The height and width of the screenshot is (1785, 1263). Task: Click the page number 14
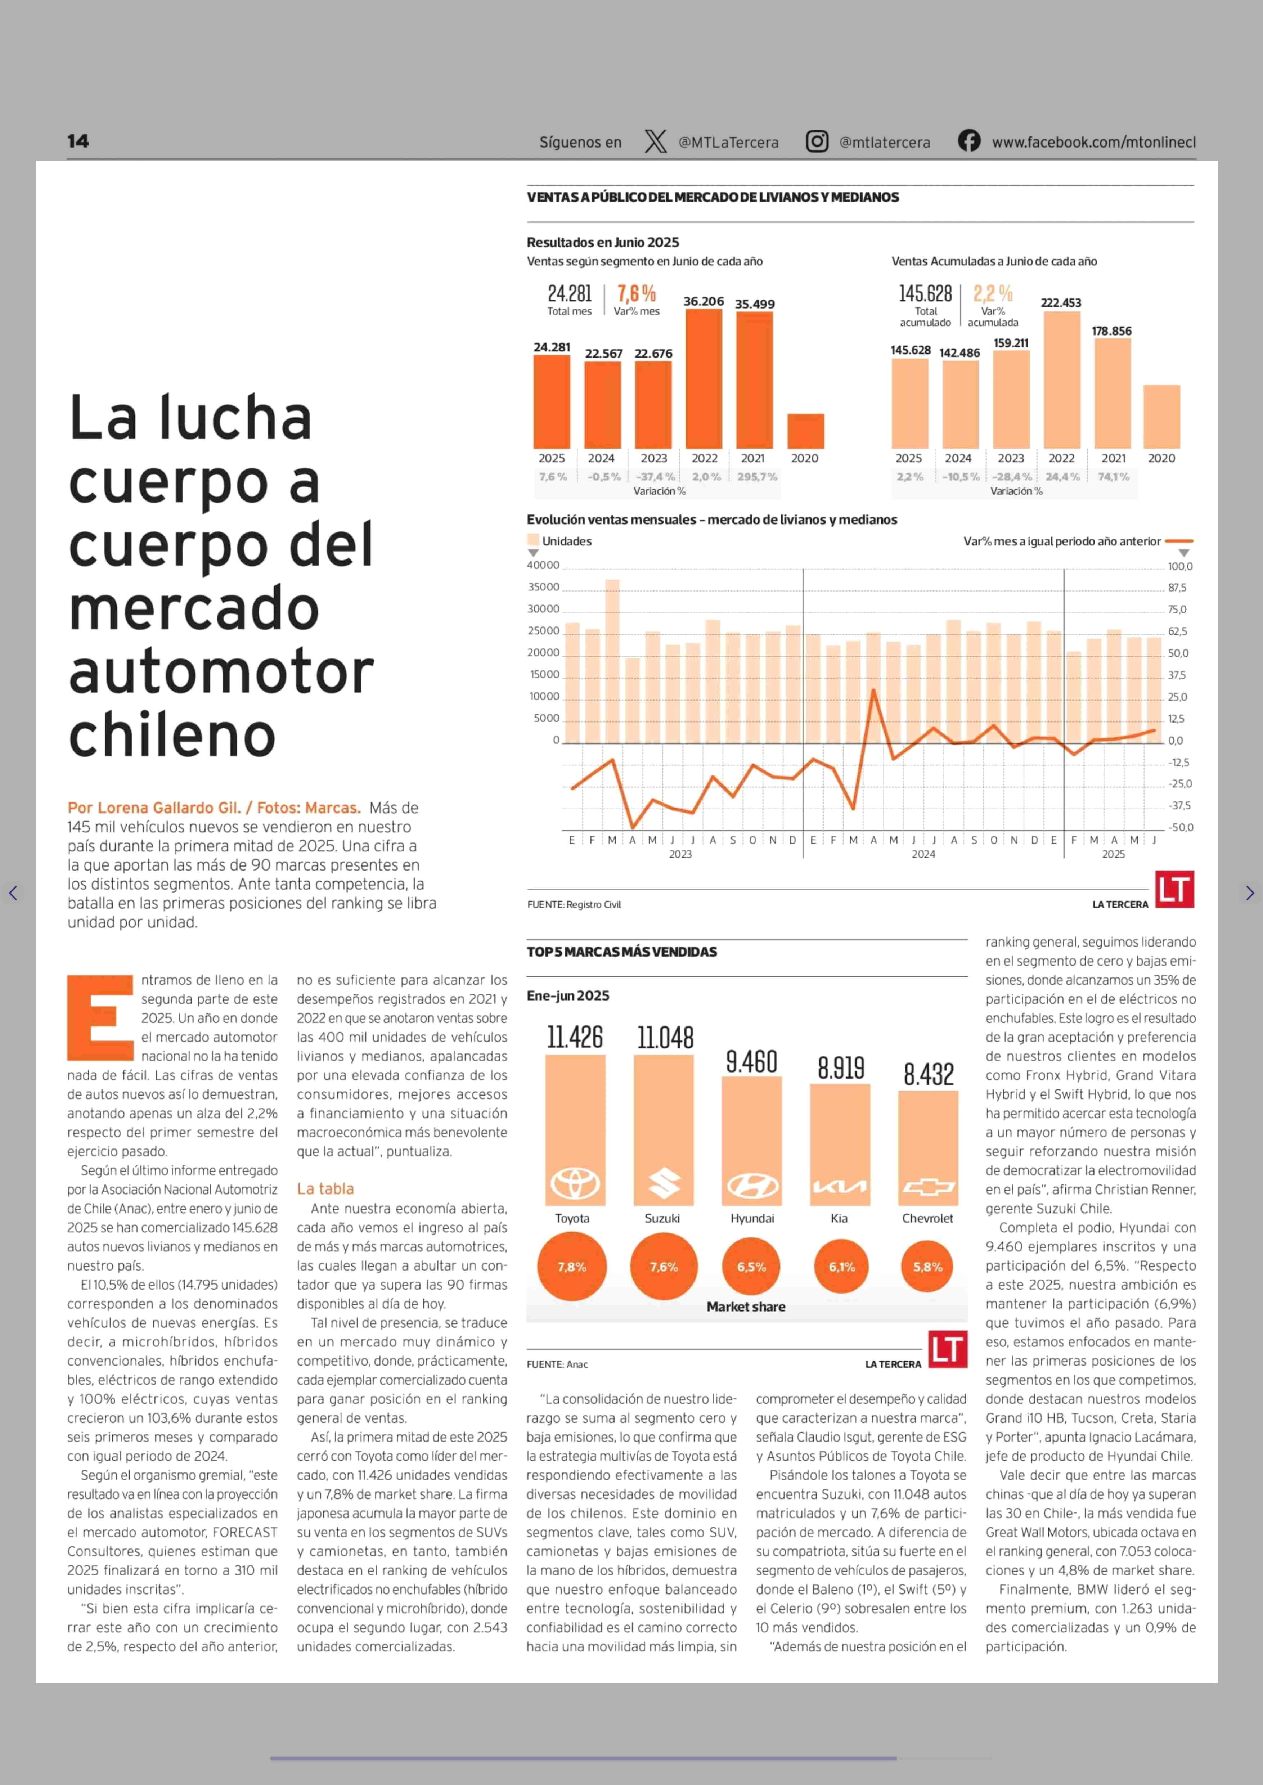click(78, 141)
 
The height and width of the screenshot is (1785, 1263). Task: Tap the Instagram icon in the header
click(817, 141)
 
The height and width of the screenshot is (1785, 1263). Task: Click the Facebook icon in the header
click(969, 141)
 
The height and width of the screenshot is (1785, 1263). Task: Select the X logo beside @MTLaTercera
click(656, 141)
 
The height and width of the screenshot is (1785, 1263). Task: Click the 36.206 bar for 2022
click(704, 379)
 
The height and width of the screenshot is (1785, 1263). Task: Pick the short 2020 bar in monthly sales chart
click(806, 431)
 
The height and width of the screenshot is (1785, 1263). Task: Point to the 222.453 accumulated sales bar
click(1062, 379)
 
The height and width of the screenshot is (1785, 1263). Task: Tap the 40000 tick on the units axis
click(544, 566)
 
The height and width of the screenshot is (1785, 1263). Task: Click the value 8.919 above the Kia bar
click(841, 1068)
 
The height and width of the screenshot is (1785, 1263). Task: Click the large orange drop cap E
click(100, 1017)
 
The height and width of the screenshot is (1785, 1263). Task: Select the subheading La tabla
click(325, 1188)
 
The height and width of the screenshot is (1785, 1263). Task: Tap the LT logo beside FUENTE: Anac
click(948, 1349)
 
